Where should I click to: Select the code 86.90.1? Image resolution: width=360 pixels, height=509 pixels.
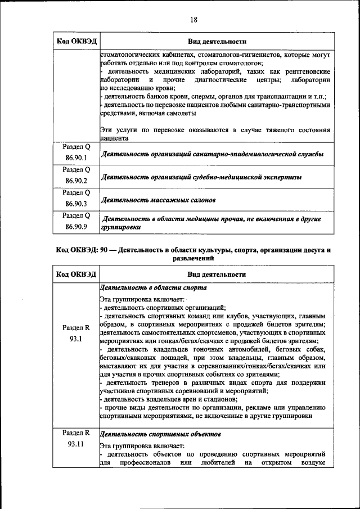click(x=76, y=158)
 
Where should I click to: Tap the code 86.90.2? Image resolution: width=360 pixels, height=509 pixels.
click(x=76, y=181)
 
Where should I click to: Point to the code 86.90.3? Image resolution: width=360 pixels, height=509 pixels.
click(x=76, y=204)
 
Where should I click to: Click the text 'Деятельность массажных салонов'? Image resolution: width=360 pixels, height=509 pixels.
click(x=158, y=200)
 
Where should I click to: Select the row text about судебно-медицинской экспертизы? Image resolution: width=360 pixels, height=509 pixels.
click(x=200, y=177)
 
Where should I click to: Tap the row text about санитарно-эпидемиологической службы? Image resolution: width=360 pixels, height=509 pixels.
click(x=211, y=154)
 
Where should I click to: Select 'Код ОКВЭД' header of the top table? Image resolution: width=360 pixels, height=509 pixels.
click(x=76, y=42)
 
